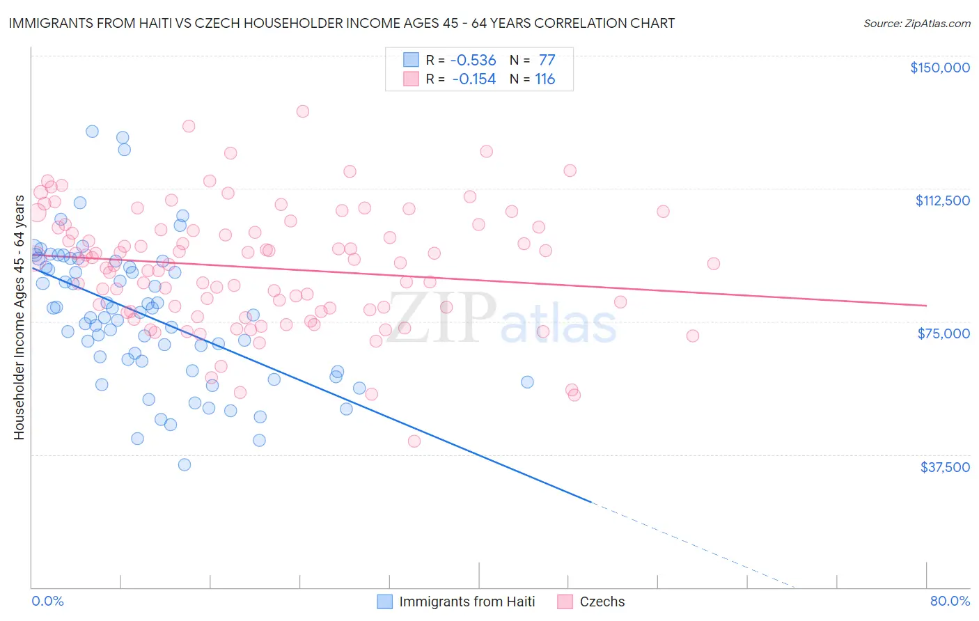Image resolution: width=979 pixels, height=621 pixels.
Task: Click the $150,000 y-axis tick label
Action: tap(939, 68)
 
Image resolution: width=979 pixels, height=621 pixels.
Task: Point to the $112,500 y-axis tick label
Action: tap(942, 201)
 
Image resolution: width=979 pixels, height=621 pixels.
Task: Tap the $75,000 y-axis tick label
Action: tap(943, 333)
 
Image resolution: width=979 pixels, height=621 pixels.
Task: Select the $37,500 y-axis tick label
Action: tap(945, 467)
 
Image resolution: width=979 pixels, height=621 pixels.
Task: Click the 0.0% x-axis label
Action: tap(47, 601)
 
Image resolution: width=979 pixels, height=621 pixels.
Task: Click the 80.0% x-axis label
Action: tap(950, 601)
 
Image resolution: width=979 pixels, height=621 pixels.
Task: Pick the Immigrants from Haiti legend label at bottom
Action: tap(467, 602)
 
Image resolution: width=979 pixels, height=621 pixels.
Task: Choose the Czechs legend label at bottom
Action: tap(602, 602)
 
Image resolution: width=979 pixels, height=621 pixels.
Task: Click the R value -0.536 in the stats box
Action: tap(473, 61)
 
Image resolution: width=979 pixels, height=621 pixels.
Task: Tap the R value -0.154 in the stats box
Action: tap(473, 79)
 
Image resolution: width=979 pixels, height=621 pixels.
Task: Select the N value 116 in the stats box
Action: tap(545, 79)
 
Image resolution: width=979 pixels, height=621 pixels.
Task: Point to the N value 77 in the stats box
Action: tap(547, 61)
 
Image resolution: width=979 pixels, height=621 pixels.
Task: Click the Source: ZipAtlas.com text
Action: tap(916, 24)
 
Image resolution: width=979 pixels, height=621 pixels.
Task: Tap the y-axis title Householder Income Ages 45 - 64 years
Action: tap(19, 317)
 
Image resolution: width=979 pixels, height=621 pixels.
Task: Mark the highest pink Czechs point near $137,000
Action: tap(302, 111)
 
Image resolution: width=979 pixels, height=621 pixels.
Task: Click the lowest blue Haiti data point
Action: tap(185, 464)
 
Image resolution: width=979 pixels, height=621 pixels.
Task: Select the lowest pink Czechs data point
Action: tap(414, 441)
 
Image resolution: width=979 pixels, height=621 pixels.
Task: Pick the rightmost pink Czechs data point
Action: tap(714, 263)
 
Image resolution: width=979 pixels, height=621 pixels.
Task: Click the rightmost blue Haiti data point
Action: tap(527, 382)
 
